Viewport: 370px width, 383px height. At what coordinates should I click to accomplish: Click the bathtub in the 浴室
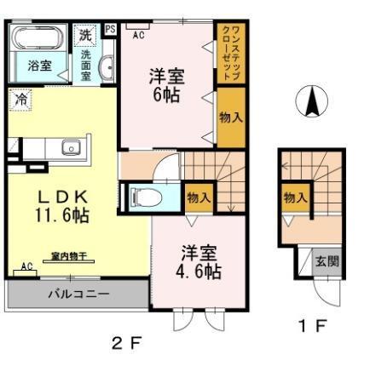(35, 38)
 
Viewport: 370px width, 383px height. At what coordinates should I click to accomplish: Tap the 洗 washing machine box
(85, 35)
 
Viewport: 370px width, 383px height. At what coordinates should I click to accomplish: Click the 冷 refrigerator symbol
(20, 99)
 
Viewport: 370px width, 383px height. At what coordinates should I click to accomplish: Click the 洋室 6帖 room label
(166, 85)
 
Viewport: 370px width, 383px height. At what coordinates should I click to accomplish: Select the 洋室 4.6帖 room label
(199, 262)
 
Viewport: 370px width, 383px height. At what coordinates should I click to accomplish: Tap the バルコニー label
(78, 295)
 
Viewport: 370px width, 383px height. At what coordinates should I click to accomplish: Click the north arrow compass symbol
(312, 103)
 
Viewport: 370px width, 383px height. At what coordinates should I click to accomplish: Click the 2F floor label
(125, 343)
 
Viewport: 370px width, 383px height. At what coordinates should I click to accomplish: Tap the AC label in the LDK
(27, 266)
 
